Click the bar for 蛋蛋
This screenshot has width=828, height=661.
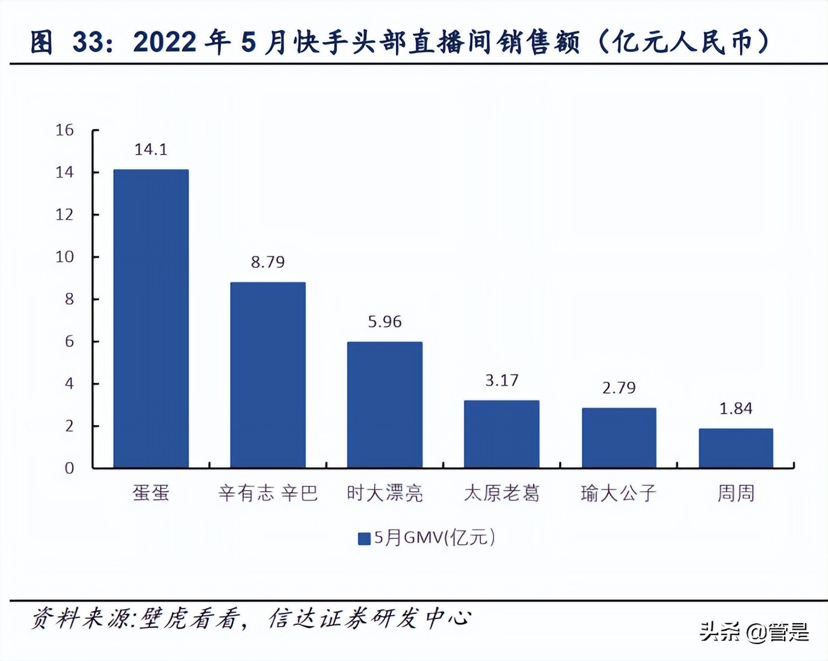[151, 318]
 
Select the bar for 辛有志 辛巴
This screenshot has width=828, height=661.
[268, 374]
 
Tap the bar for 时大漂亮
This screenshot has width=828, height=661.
[385, 405]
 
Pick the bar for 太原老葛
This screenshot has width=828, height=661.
[501, 433]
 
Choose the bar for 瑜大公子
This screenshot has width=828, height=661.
[619, 438]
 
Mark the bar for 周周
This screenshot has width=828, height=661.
[735, 448]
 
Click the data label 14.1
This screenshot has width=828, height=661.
[151, 149]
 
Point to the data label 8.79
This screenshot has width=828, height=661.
[268, 262]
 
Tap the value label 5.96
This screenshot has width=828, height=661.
[385, 321]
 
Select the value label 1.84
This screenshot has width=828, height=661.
[735, 409]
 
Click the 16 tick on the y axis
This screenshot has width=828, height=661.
[64, 130]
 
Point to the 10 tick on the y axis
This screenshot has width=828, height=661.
[64, 257]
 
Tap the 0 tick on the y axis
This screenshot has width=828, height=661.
[69, 468]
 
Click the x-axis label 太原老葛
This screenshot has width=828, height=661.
[501, 494]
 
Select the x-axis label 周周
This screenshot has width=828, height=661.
[735, 494]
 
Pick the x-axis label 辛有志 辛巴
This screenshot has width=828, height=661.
[268, 494]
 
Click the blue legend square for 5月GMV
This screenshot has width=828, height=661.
[364, 538]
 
